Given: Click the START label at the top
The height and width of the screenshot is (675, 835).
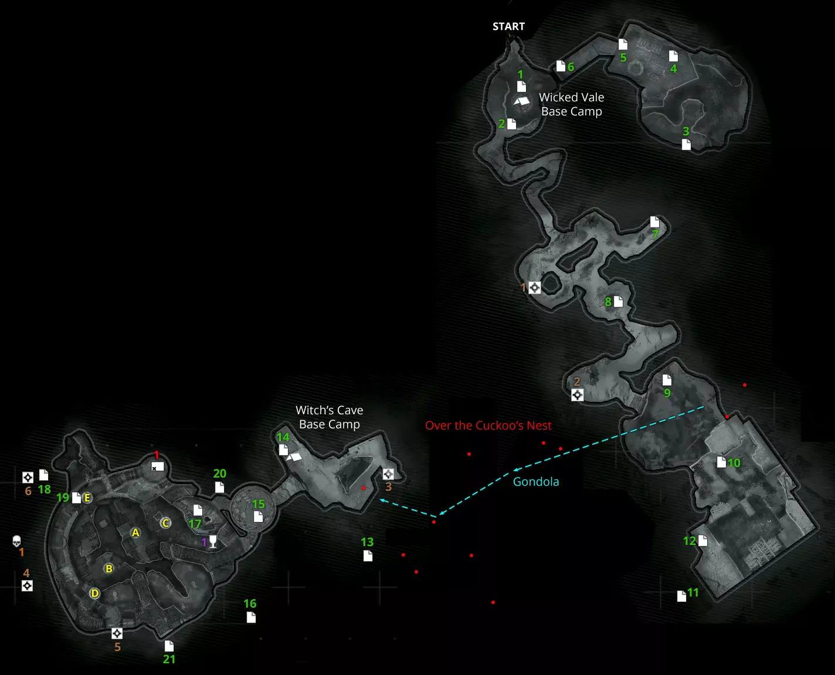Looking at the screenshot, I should (508, 26).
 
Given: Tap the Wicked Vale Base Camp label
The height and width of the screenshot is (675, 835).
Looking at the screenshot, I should (571, 104).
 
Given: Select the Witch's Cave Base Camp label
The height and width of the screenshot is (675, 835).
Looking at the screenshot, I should (329, 417).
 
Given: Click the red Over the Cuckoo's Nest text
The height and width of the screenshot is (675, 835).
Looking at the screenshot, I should (488, 425).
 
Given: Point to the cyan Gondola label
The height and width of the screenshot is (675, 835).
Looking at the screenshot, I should (536, 482).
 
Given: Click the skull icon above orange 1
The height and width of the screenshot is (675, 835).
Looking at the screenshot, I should (16, 541).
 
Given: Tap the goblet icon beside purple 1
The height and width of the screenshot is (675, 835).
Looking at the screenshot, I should (213, 541).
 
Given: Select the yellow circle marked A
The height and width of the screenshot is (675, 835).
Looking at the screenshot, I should (135, 533).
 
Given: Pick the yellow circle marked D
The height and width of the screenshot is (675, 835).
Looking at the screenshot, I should (94, 593).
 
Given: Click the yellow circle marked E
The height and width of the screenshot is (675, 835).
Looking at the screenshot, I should (87, 498).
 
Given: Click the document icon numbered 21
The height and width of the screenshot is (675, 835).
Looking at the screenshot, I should (169, 646).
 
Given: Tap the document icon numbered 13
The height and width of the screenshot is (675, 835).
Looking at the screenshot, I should (368, 555).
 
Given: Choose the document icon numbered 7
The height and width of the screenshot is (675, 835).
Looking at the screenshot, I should (654, 221).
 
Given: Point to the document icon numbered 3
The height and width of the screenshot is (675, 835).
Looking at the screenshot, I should (686, 144).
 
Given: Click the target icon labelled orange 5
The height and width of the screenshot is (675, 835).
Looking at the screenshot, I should (117, 633).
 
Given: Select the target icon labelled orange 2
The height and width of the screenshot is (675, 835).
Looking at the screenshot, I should (577, 395).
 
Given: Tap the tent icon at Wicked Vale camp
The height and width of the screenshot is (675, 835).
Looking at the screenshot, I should (521, 101).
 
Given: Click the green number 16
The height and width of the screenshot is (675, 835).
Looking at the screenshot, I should (250, 604).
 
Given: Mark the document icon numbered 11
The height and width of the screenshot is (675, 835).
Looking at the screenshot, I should (681, 596).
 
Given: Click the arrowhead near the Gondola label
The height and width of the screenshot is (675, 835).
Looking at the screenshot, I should (515, 469).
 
